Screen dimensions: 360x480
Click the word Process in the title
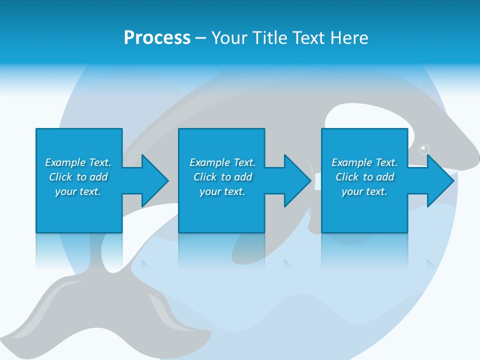pyautogui.click(x=157, y=38)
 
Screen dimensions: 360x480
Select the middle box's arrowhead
pyautogui.click(x=297, y=180)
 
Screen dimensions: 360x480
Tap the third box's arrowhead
pyautogui.click(x=440, y=180)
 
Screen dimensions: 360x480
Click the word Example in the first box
pyautogui.click(x=65, y=162)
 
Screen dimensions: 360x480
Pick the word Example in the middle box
pyautogui.click(x=209, y=162)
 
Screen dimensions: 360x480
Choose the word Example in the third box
pyautogui.click(x=351, y=162)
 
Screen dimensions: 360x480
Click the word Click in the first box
pyautogui.click(x=60, y=177)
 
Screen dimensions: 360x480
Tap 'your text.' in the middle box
pyautogui.click(x=222, y=191)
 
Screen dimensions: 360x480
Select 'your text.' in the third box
pyautogui.click(x=364, y=191)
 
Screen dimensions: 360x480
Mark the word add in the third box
pyautogui.click(x=385, y=177)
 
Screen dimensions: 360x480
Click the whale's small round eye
pyautogui.click(x=424, y=149)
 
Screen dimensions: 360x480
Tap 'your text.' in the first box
pyautogui.click(x=78, y=191)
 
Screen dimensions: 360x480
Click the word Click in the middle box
pyautogui.click(x=205, y=177)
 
